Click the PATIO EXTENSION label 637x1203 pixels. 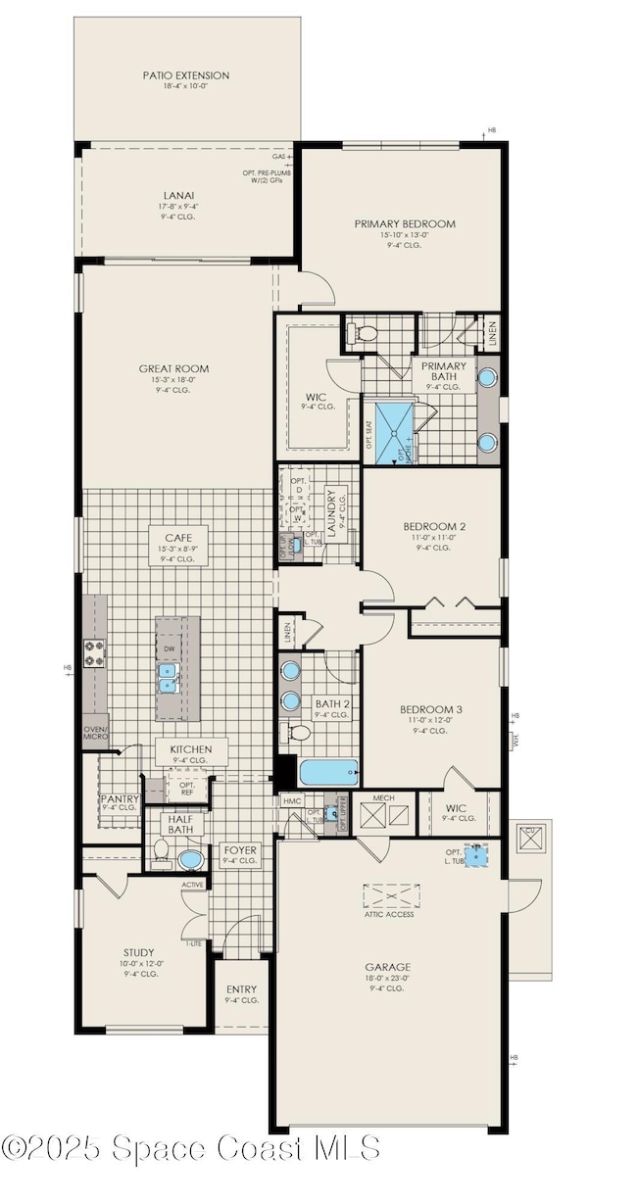(185, 75)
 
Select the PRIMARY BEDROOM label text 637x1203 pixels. (405, 224)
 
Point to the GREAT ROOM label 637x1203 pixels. (173, 369)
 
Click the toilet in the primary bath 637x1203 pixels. (367, 335)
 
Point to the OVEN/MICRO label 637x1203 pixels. (95, 732)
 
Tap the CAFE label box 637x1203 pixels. (177, 538)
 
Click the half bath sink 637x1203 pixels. (191, 859)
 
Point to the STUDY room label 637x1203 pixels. (138, 951)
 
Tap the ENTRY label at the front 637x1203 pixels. (241, 990)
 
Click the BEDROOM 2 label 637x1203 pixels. (432, 526)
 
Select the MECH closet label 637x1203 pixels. (383, 798)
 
